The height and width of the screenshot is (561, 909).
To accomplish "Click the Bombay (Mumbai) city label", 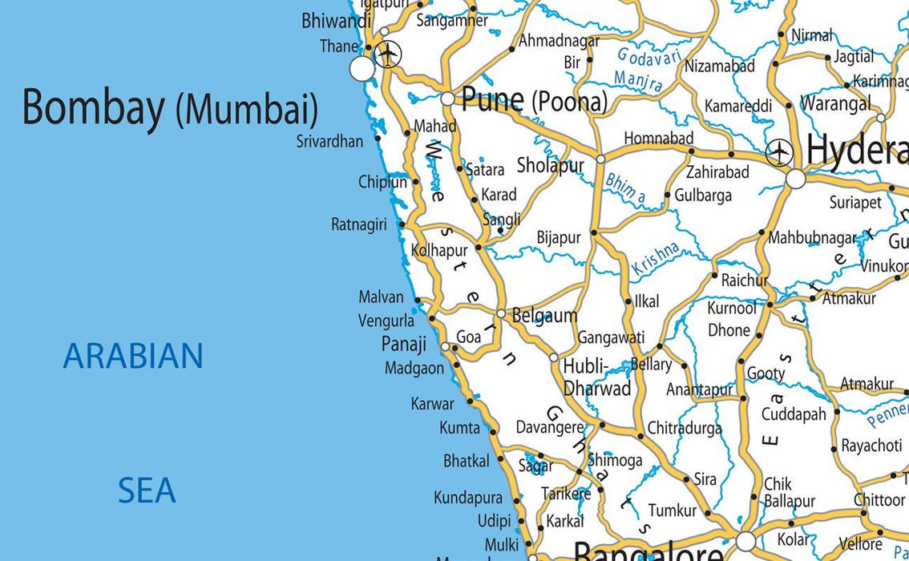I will tap(170, 107).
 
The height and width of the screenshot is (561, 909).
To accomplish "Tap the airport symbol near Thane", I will tap(388, 54).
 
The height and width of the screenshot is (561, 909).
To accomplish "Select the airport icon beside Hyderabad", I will tap(779, 152).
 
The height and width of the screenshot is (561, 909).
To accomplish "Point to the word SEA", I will tap(147, 490).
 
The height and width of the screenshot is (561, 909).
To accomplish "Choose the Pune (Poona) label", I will tap(534, 100).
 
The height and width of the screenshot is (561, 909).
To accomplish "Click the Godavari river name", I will tap(649, 56).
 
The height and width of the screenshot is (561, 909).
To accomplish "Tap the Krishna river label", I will tap(655, 259).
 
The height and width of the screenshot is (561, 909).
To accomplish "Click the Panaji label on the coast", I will tap(403, 345).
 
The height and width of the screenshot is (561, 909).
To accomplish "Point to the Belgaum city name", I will tap(544, 315).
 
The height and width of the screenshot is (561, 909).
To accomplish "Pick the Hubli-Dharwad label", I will tap(596, 377).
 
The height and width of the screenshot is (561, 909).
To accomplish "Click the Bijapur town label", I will tap(559, 238).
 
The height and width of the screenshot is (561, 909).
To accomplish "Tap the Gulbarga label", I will tap(703, 196).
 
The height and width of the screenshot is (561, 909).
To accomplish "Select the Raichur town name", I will tap(745, 280).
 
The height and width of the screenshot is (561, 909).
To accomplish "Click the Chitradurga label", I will tap(685, 429).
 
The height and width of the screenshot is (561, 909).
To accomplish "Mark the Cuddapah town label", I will tap(794, 414).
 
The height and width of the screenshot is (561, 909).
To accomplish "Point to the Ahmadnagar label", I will tap(559, 40).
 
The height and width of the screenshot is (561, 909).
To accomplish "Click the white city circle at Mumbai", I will tap(362, 68).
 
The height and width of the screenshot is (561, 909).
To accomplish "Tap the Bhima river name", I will tap(625, 188).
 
